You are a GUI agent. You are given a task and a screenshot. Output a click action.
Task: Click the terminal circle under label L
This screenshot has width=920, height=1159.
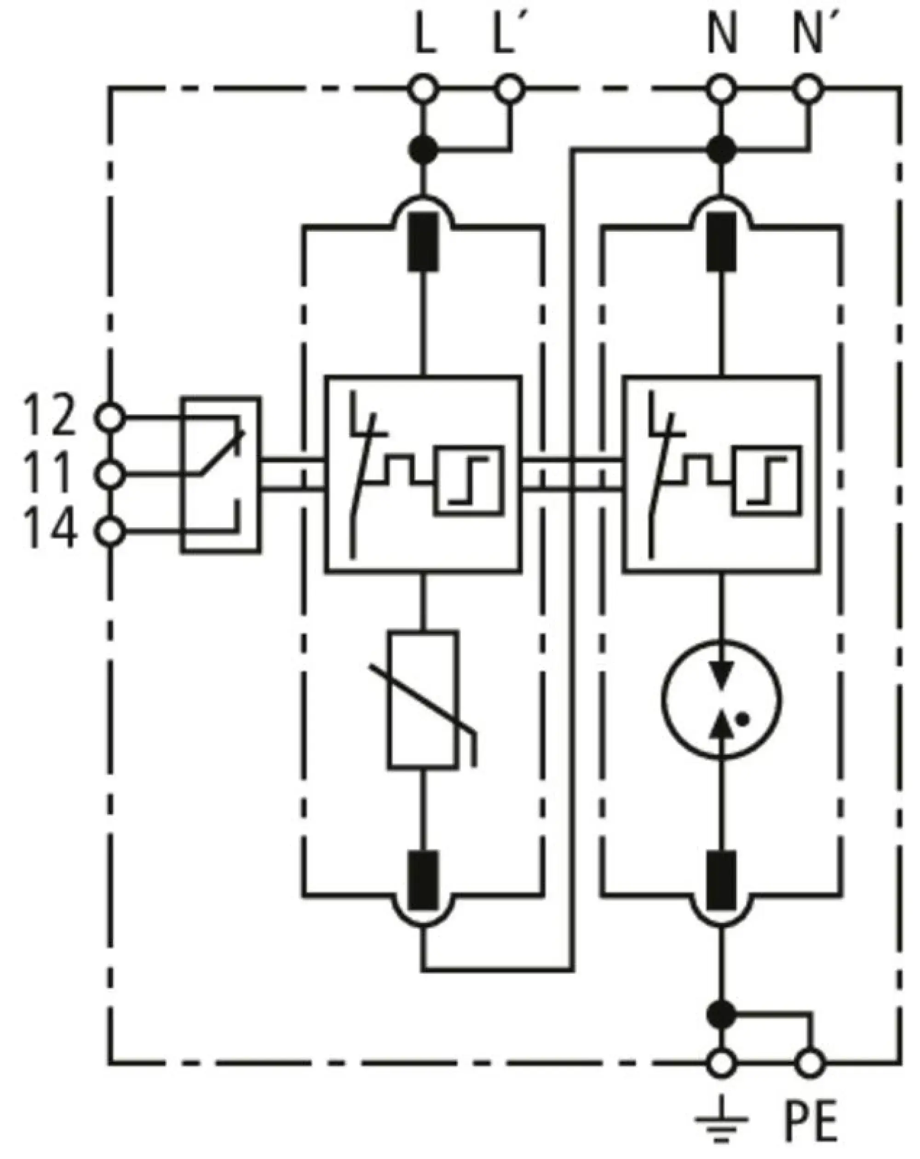tap(423, 89)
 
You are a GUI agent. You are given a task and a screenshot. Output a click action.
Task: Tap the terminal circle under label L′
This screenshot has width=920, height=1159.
tap(508, 89)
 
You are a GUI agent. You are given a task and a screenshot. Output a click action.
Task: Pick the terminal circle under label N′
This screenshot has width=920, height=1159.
tap(808, 89)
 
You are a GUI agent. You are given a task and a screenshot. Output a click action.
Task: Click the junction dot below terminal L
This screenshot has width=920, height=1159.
tap(423, 150)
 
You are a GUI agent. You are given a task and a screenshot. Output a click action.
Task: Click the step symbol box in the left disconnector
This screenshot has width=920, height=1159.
tap(468, 480)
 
